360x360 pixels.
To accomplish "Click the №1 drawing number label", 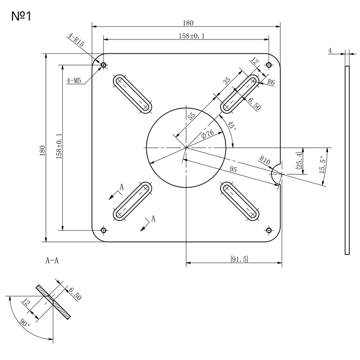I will pyautogui.click(x=22, y=17).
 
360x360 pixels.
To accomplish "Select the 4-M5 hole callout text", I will pyautogui.click(x=74, y=81).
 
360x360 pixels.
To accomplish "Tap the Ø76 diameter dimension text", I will pyautogui.click(x=208, y=134).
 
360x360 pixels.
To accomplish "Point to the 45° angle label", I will pyautogui.click(x=231, y=127).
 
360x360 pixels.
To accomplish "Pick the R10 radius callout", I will pyautogui.click(x=265, y=160).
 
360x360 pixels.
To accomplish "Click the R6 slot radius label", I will pyautogui.click(x=271, y=82).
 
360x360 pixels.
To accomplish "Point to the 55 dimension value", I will pyautogui.click(x=191, y=117).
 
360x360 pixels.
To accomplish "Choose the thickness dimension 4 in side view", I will pyautogui.click(x=330, y=50).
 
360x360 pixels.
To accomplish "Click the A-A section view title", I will pyautogui.click(x=52, y=260).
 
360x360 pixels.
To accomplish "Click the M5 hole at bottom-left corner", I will pyautogui.click(x=104, y=230).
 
